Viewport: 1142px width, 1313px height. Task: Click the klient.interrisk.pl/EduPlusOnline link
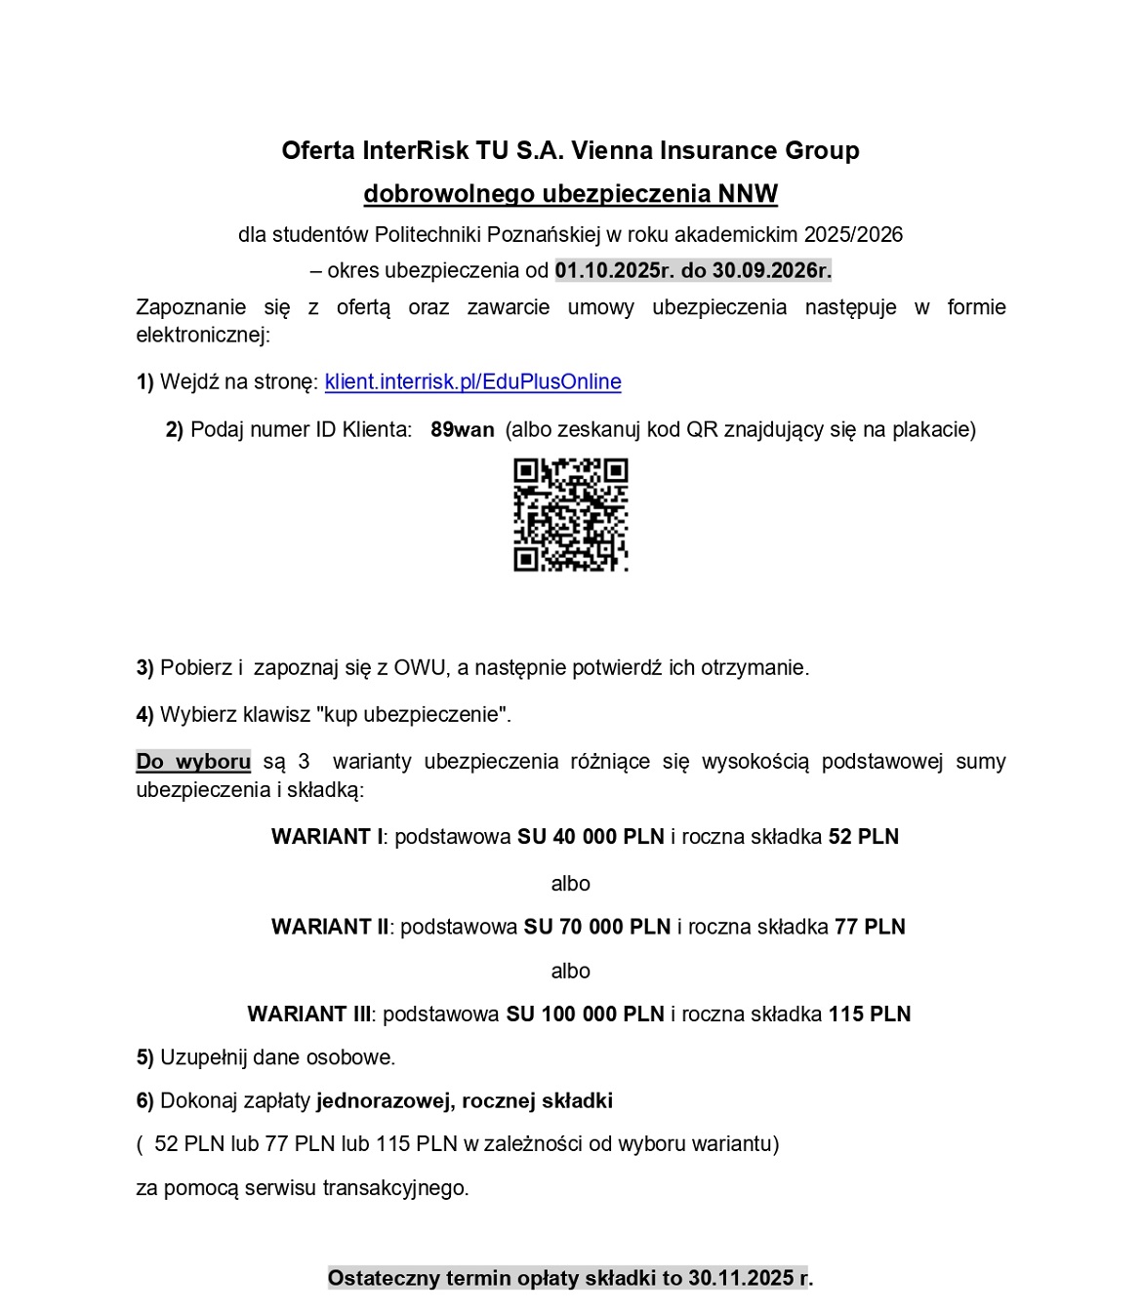tap(472, 381)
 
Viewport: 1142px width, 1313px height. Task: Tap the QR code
tap(570, 514)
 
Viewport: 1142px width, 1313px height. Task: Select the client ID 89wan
tap(462, 429)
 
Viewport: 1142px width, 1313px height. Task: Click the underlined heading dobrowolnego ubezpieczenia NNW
tap(570, 193)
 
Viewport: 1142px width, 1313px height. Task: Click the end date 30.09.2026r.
tap(772, 270)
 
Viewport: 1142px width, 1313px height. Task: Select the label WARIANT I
tap(327, 837)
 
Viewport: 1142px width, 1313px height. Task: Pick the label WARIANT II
tap(330, 927)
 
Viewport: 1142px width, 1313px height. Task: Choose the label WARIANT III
tap(309, 1015)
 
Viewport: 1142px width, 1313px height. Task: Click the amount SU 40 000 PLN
tap(591, 837)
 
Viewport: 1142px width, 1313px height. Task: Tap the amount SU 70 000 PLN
tap(597, 927)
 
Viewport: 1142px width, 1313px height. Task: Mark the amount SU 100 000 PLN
tap(585, 1015)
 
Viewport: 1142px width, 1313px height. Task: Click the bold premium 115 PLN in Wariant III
tap(869, 1015)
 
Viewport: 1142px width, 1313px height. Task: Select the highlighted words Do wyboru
tap(193, 762)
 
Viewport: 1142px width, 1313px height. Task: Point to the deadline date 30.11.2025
tap(741, 1278)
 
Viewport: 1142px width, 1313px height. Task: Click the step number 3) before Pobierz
tap(144, 668)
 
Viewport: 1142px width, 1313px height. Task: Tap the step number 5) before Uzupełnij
tap(144, 1057)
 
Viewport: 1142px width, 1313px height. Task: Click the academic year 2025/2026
tap(853, 235)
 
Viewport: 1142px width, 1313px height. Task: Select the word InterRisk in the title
tap(416, 150)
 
